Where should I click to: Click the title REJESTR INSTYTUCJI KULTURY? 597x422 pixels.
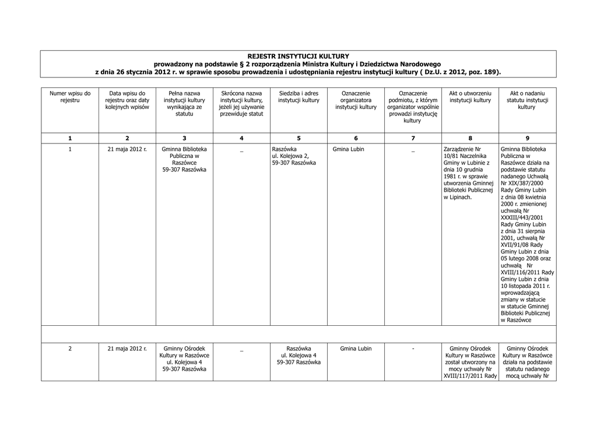(298, 56)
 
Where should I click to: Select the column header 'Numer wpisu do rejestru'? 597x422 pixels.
(70, 97)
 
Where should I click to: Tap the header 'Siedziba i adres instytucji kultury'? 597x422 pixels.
(298, 97)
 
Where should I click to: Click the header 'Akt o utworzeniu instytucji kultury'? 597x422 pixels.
(470, 97)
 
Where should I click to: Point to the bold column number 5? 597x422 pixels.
(298, 138)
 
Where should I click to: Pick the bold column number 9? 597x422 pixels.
(527, 138)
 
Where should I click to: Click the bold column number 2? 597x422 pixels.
(127, 138)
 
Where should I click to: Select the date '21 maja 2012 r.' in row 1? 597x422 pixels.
(127, 149)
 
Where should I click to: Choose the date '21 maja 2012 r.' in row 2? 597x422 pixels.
(127, 349)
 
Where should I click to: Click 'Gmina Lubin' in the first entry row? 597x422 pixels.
(349, 149)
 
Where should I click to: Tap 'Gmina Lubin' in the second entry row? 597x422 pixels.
(356, 349)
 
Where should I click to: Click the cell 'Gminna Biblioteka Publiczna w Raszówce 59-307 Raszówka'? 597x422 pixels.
(184, 160)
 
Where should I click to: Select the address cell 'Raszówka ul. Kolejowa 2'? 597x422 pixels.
(294, 156)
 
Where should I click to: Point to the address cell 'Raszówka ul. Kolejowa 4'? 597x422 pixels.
(298, 356)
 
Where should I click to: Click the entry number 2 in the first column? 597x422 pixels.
(70, 349)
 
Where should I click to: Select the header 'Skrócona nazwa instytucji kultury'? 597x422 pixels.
(241, 104)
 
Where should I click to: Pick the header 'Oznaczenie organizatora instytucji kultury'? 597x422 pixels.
(356, 100)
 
